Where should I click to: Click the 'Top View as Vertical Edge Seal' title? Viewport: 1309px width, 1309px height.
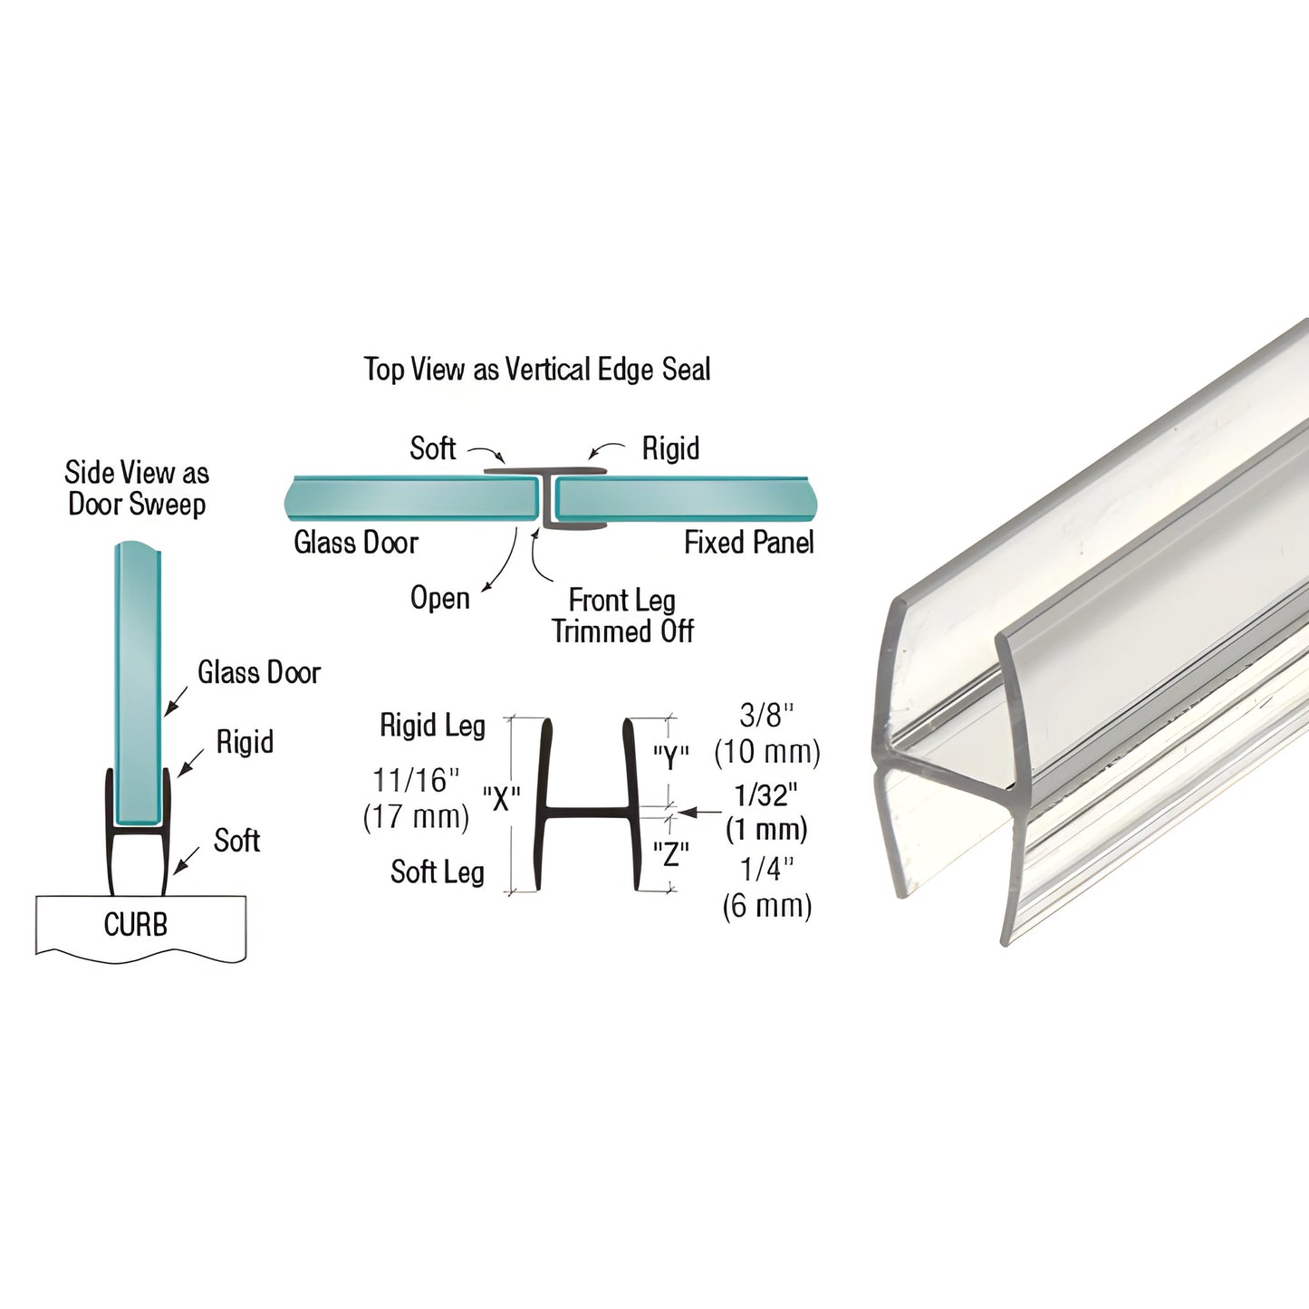pos(537,370)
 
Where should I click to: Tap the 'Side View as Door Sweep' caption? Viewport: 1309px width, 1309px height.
pos(137,488)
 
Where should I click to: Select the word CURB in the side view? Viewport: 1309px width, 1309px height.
pos(136,925)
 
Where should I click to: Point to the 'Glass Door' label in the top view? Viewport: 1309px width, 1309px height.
pos(356,543)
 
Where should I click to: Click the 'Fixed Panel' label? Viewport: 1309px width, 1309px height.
pos(748,543)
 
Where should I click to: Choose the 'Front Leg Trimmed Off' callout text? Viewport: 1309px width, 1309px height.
pos(622,616)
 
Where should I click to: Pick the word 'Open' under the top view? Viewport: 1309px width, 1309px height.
pos(440,598)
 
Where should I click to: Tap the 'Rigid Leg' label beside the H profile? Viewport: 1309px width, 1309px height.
pos(432,726)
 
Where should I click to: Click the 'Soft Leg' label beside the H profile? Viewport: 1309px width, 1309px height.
pos(437,872)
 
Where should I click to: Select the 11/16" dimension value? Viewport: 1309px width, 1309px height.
pos(416,780)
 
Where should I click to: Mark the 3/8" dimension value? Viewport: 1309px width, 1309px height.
pos(766,716)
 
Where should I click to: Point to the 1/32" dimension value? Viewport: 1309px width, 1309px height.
pos(766,795)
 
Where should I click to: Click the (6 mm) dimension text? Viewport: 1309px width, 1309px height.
pos(766,906)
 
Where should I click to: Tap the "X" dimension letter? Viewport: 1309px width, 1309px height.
pos(501,799)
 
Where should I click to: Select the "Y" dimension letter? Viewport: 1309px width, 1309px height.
pos(671,756)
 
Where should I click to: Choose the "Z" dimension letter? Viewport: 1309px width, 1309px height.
pos(671,853)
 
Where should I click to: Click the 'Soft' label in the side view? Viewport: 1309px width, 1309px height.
pos(236,841)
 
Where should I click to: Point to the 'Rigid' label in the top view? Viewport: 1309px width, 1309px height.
pos(670,448)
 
